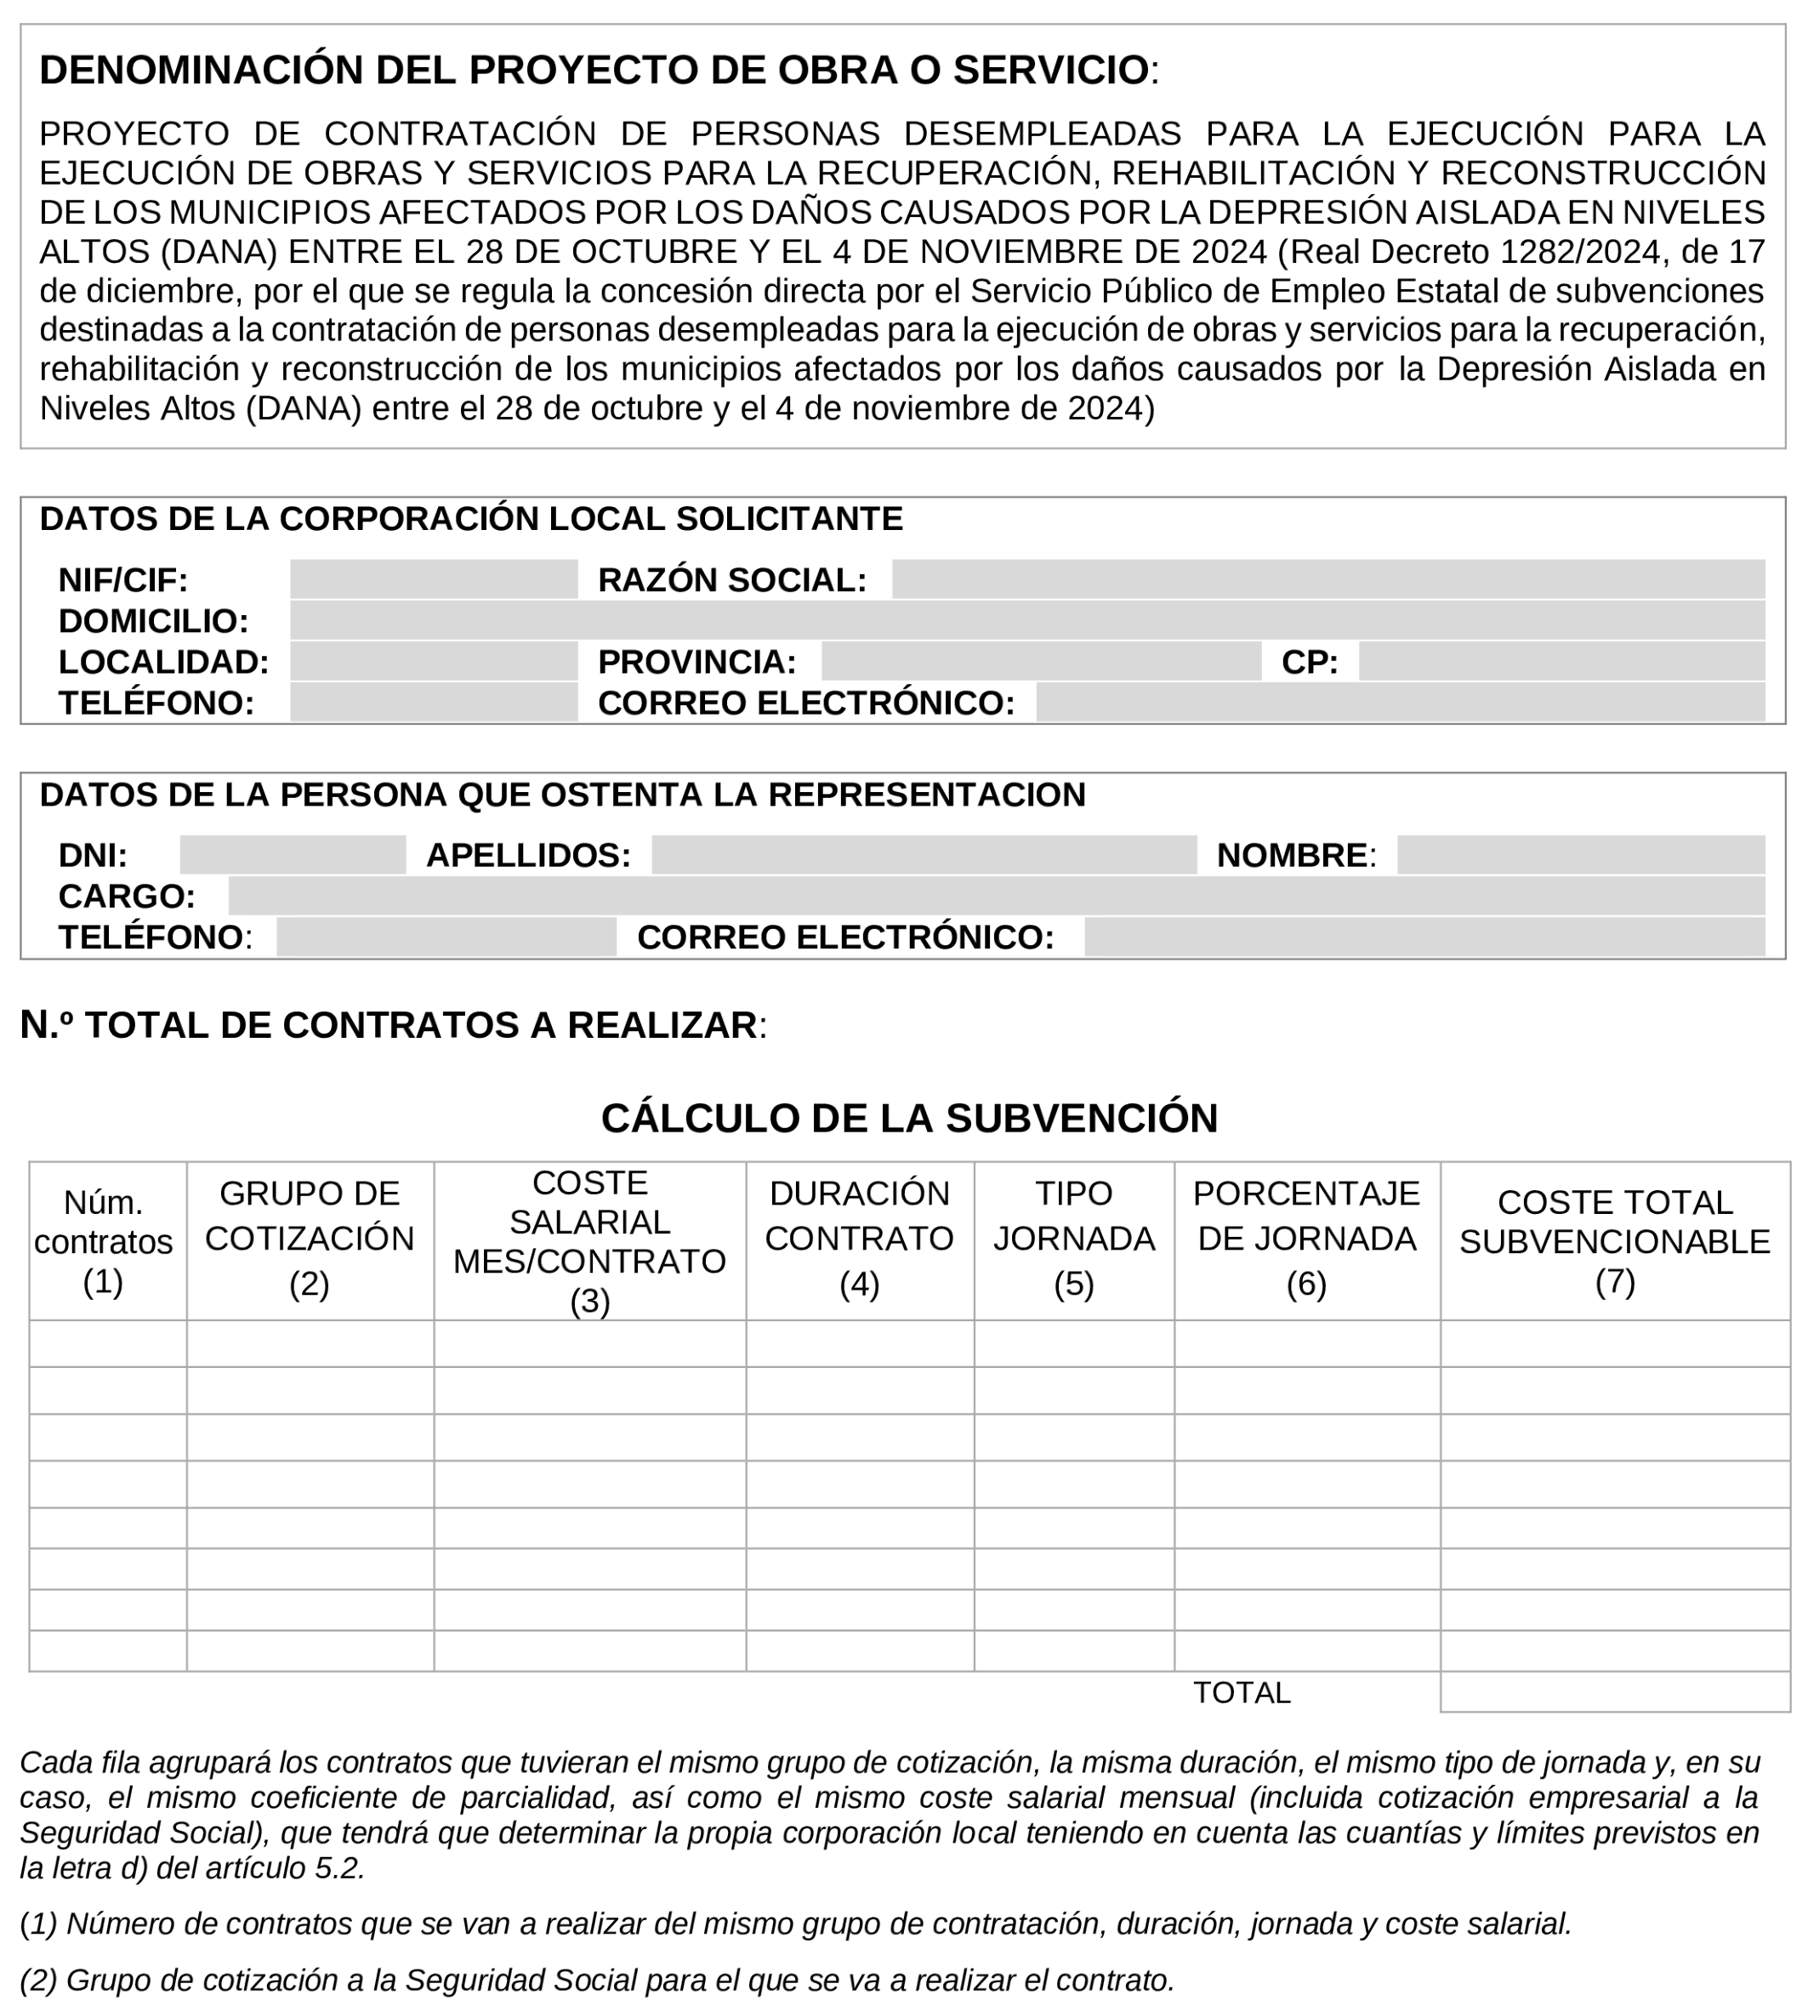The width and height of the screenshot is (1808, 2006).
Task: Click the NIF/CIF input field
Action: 433,579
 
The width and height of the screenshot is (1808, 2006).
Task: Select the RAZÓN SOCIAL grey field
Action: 1328,579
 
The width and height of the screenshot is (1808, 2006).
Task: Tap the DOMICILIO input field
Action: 1026,620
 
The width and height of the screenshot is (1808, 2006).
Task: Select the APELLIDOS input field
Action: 923,854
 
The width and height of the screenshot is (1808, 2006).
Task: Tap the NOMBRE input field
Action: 1579,854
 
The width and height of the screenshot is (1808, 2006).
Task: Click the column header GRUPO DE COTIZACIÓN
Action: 309,1238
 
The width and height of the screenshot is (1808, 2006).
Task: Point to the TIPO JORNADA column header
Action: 1073,1238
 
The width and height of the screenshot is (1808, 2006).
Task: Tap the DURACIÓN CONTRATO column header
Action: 859,1238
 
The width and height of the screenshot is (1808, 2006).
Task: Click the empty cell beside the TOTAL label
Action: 1614,1692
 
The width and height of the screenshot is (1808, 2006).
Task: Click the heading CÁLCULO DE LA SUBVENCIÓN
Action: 909,1118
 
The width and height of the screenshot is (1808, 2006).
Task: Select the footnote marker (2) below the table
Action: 37,1980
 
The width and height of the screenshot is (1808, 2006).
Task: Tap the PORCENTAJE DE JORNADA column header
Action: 1306,1238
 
